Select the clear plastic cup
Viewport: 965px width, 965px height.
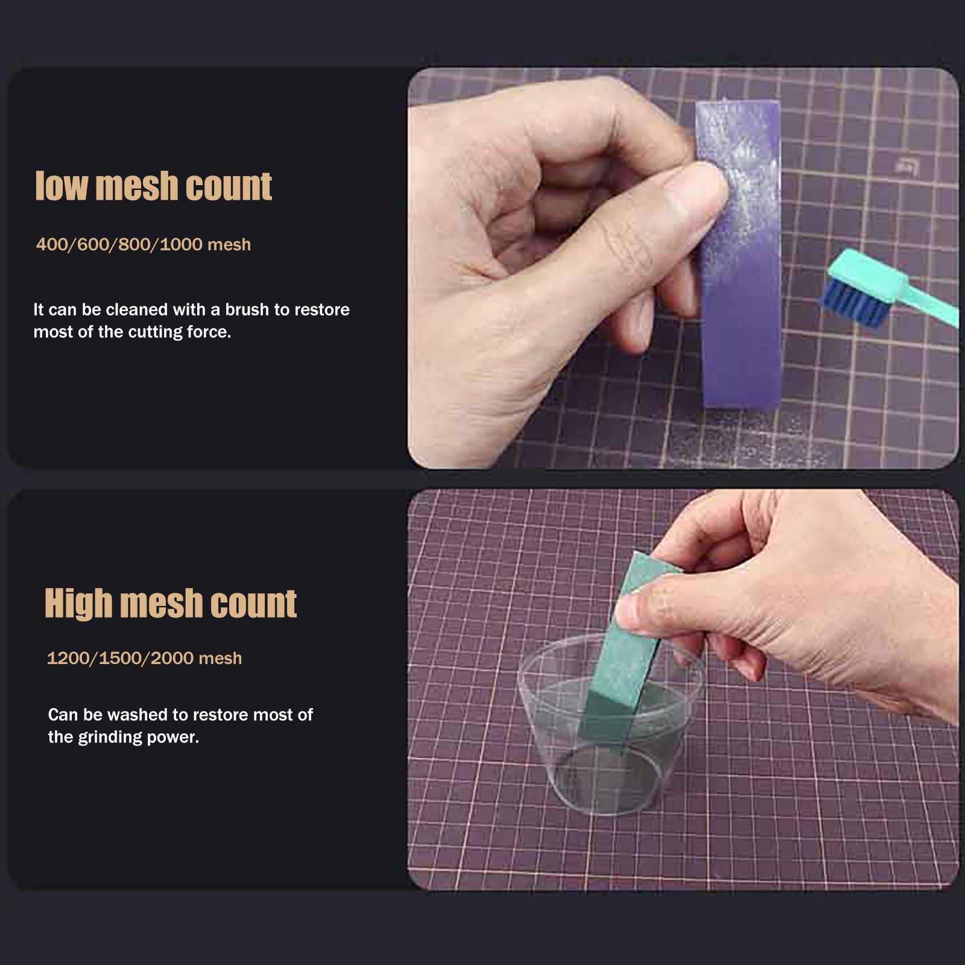click(x=609, y=724)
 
